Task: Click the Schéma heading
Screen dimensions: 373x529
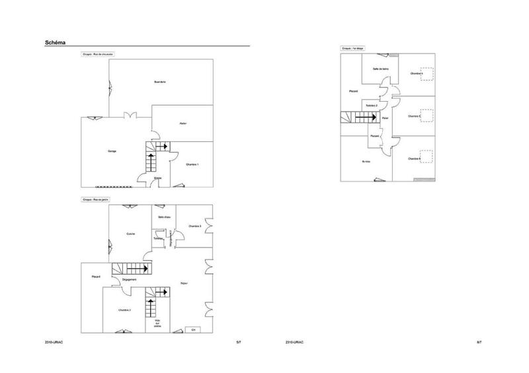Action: point(56,42)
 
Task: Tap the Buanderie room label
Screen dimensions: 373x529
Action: point(159,82)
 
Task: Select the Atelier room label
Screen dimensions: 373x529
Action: point(182,123)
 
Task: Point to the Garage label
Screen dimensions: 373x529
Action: point(112,152)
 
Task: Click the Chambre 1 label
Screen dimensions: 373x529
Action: point(192,164)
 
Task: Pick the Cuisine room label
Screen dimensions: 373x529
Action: point(131,233)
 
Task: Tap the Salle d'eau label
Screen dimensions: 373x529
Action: point(165,217)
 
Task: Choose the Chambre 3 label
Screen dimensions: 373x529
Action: point(194,226)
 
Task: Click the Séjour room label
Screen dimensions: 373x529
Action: point(184,284)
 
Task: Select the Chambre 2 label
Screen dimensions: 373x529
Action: point(124,310)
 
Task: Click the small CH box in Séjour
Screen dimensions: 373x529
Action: point(193,329)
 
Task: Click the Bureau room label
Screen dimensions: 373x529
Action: point(366,162)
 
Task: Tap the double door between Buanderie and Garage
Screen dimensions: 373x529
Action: point(132,116)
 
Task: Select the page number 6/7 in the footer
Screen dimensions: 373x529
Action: point(479,342)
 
